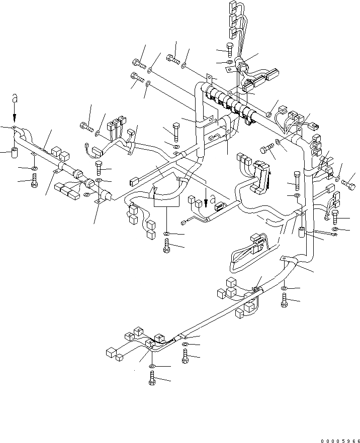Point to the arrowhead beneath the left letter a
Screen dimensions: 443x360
pos(15,120)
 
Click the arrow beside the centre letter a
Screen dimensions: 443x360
pos(205,193)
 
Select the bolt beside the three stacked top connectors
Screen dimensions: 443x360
pos(229,50)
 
